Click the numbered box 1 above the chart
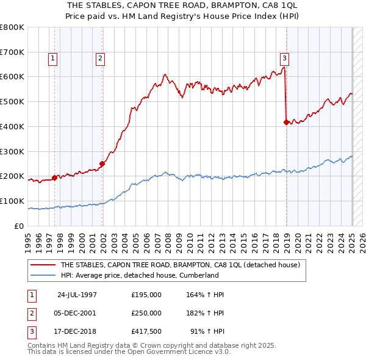tap(54, 59)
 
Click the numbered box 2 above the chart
tap(99, 59)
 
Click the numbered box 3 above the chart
tap(284, 59)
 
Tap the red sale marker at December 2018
tap(286, 122)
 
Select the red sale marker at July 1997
tap(54, 178)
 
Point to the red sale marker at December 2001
tap(102, 164)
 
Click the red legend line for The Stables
tap(43, 265)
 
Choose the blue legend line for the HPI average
tap(43, 275)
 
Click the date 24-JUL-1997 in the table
tap(77, 295)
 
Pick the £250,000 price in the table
tap(146, 313)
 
